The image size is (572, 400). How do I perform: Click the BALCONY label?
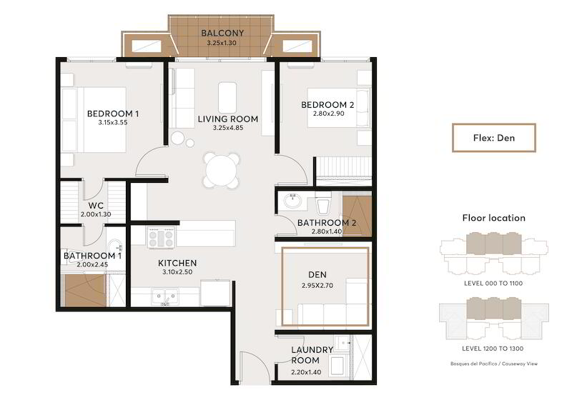point(222,33)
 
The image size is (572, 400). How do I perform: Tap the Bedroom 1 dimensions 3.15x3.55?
point(113,122)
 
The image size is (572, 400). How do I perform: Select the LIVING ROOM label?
point(228,119)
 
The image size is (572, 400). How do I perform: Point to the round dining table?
point(221,170)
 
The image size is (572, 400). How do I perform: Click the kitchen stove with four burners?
point(161,238)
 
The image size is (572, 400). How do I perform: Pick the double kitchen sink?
point(165,296)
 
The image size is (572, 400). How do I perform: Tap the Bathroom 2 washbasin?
point(292,201)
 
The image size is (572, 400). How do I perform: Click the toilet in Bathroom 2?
point(323,204)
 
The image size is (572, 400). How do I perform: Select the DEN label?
point(317,275)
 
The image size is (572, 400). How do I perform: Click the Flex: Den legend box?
point(494,138)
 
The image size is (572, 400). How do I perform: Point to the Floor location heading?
point(494,218)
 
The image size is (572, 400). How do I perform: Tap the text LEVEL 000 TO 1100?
point(493,283)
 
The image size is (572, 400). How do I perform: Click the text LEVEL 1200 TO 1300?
point(493,349)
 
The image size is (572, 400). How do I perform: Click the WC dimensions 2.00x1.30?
point(96,214)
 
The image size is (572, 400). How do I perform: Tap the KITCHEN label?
point(177,263)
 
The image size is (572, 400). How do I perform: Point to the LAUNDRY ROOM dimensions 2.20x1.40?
point(306,372)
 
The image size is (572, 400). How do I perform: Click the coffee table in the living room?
point(227,97)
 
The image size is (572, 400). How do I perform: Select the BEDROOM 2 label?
point(327,105)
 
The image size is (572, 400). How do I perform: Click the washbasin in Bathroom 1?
point(116,246)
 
